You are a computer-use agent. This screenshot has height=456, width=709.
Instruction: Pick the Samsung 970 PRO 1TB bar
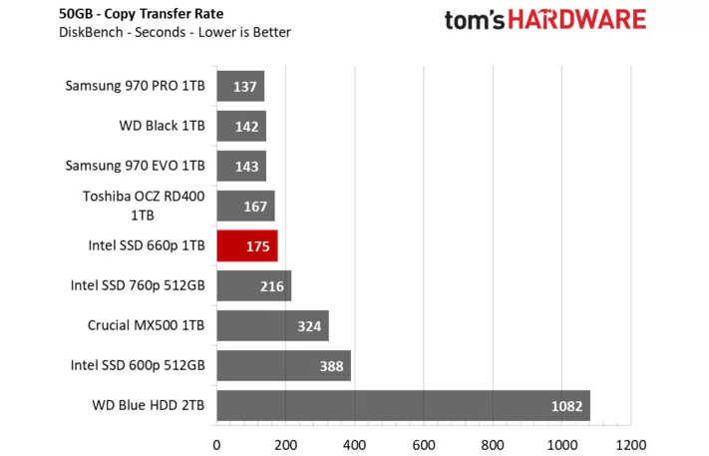click(x=239, y=87)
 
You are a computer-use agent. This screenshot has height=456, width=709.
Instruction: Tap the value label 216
click(x=269, y=286)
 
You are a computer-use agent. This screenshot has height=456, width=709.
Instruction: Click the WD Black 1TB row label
click(x=162, y=126)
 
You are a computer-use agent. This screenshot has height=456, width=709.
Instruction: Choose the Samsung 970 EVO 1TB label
click(x=135, y=166)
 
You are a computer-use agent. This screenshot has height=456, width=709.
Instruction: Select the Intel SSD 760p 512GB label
click(x=138, y=285)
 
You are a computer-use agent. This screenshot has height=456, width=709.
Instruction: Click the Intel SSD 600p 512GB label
click(x=138, y=365)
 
